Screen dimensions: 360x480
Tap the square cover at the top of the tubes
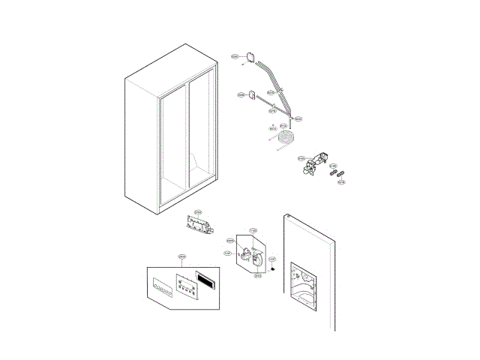coord(250,56)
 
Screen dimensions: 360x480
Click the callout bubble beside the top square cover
coord(234,57)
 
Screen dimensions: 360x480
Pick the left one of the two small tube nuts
coord(332,172)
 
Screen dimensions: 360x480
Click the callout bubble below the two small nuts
coord(341,182)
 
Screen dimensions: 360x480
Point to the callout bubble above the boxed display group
coord(181,256)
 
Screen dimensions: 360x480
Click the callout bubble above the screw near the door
coord(273,259)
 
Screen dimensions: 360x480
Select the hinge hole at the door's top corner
coord(287,216)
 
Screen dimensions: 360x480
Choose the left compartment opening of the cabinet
coord(172,142)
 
